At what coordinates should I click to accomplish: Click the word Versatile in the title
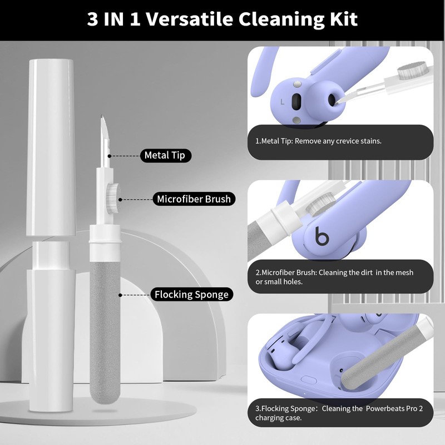pos(190,19)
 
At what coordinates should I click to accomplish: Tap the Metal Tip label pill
pos(165,156)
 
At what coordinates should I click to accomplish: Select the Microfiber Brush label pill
pos(194,199)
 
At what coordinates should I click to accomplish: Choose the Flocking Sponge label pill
pos(191,294)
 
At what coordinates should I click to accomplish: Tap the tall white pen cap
pos(51,147)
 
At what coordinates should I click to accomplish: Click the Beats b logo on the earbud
pos(322,235)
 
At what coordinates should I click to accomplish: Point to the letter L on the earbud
pos(282,102)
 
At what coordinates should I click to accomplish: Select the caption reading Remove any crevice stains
pos(318,141)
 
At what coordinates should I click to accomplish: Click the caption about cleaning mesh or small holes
pos(334,277)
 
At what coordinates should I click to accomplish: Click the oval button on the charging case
pos(309,379)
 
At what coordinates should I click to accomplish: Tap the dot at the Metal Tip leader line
pos(109,156)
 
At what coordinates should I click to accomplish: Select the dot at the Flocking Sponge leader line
pos(120,295)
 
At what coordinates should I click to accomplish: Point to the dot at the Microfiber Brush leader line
pos(120,200)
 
